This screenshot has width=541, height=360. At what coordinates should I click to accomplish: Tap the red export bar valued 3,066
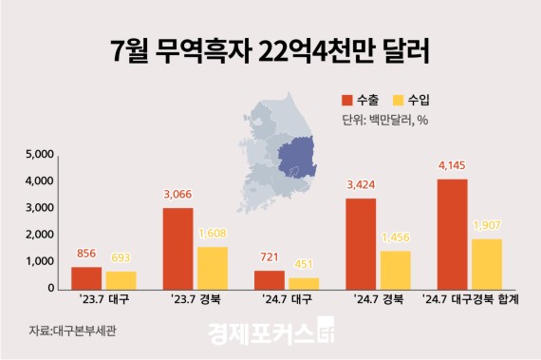(178, 248)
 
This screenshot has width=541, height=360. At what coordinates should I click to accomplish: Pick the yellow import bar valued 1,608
(213, 267)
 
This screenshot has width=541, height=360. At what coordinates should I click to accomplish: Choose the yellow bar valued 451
(304, 283)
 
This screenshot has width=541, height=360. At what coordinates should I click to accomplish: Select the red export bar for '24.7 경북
(362, 243)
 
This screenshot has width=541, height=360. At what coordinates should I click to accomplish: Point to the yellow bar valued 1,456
(396, 269)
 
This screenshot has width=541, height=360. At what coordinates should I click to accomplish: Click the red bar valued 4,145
(453, 234)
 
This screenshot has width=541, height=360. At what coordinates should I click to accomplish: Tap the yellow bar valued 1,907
(487, 263)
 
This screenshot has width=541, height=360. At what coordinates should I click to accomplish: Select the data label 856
(86, 255)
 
